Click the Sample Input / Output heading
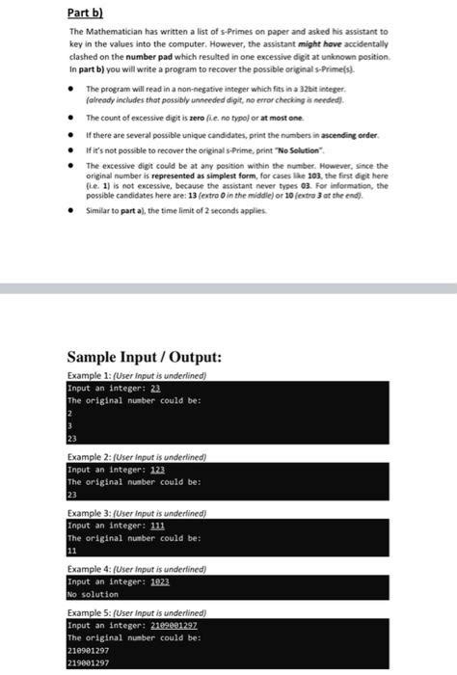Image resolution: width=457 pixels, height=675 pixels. click(144, 356)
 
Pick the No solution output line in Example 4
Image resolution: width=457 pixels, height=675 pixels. click(93, 595)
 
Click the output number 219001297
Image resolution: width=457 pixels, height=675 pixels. click(90, 663)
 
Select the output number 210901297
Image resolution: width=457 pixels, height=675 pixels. click(90, 651)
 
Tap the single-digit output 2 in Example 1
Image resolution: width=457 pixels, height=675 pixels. click(69, 413)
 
